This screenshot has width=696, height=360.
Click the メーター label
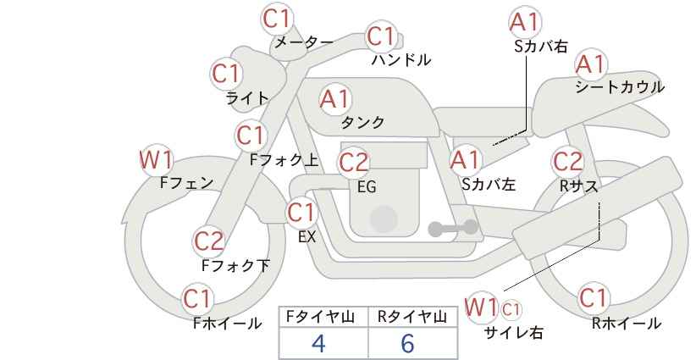click(304, 42)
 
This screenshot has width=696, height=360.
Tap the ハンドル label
click(401, 60)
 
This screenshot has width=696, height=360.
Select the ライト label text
click(247, 98)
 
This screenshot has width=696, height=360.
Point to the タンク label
click(362, 123)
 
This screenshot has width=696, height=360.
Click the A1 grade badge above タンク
click(334, 99)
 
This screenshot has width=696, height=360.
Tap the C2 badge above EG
click(353, 163)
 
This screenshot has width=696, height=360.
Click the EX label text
click(307, 237)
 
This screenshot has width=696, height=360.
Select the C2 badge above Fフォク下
click(208, 241)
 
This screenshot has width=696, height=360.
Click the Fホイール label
click(227, 324)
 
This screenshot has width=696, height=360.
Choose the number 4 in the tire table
click(318, 343)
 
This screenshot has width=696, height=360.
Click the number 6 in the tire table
click(407, 343)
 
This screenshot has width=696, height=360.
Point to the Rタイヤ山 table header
click(412, 317)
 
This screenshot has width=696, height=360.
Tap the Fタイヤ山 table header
click(320, 317)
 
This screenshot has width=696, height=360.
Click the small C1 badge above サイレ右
click(511, 309)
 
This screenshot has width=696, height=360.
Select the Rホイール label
click(627, 324)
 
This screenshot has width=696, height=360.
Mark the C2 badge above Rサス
click(567, 162)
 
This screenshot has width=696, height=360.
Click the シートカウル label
click(620, 87)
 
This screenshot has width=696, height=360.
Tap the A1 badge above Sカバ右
click(525, 22)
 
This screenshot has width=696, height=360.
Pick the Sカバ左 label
click(489, 184)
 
